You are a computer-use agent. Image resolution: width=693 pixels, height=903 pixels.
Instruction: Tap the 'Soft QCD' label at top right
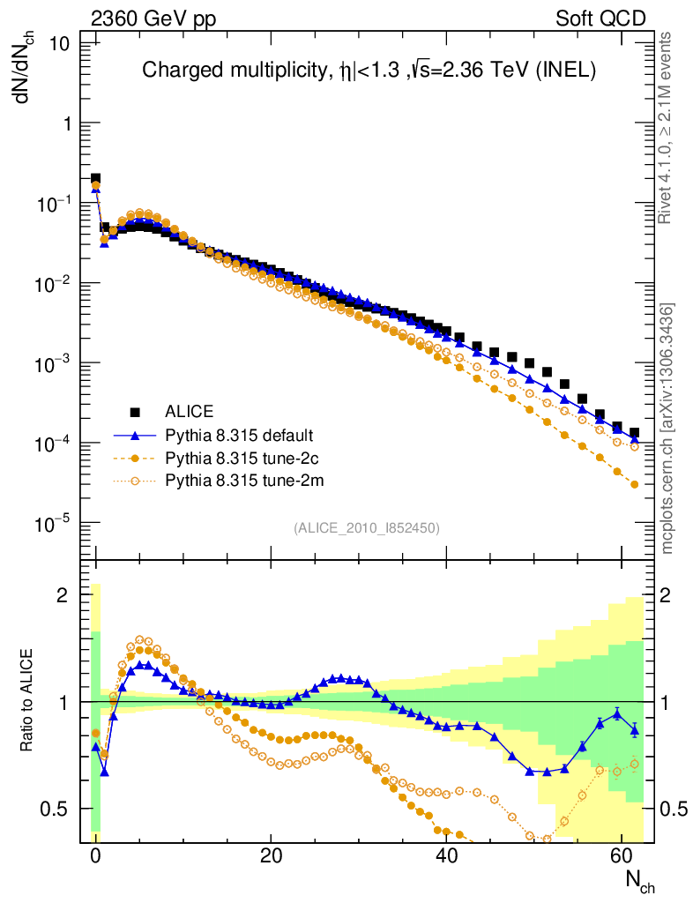click(600, 19)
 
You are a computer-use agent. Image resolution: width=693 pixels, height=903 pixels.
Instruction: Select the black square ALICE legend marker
click(135, 411)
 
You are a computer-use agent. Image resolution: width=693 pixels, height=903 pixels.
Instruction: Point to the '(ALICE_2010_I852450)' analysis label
click(367, 527)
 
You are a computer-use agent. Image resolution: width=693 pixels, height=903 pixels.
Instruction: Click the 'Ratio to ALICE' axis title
click(28, 702)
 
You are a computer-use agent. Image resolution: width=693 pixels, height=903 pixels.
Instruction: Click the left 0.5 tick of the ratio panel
click(58, 809)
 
